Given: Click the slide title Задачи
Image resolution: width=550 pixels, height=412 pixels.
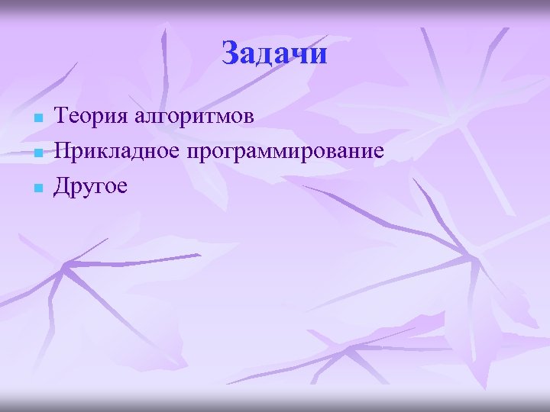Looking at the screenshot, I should [x=274, y=53].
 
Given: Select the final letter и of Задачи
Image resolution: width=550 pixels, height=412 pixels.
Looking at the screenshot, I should [x=319, y=55].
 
